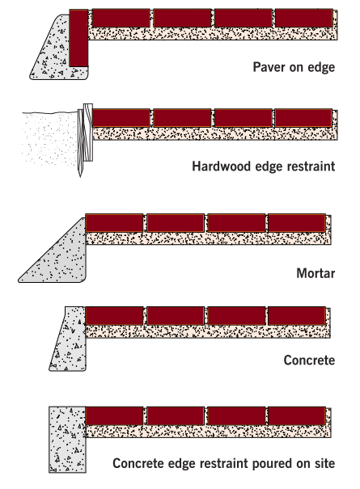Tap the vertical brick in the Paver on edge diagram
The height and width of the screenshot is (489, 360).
(x=78, y=38)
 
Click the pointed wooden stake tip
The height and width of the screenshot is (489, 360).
(x=80, y=175)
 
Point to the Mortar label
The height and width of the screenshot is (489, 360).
(x=316, y=273)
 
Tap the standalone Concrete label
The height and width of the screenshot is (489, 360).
(x=309, y=360)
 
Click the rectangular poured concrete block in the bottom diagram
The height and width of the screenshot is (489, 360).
(x=67, y=440)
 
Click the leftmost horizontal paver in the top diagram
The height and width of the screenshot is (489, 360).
(x=121, y=18)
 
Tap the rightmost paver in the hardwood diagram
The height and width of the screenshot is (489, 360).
(x=303, y=118)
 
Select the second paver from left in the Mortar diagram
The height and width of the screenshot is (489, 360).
(x=176, y=223)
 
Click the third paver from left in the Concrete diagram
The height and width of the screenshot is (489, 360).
(x=236, y=316)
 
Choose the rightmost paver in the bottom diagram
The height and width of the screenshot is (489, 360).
(x=297, y=415)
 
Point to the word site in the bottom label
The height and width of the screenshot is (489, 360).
(x=324, y=463)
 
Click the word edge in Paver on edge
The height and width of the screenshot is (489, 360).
(x=321, y=67)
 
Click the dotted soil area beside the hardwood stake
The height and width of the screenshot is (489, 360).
(x=50, y=137)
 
